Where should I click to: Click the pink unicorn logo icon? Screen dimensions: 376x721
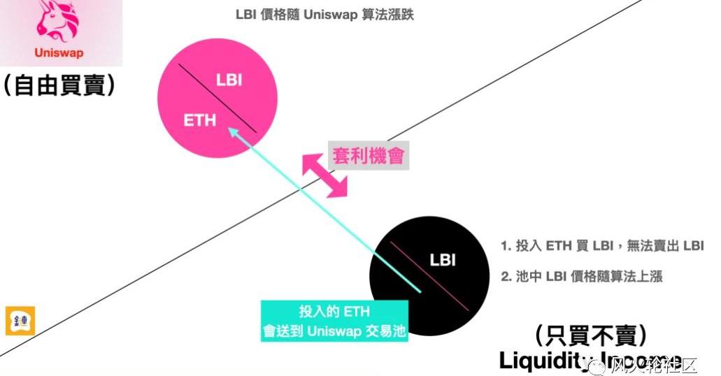click(59, 21)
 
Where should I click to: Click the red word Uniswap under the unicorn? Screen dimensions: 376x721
click(59, 52)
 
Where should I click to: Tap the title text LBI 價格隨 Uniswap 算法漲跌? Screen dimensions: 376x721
click(324, 14)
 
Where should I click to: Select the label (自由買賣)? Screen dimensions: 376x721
click(59, 85)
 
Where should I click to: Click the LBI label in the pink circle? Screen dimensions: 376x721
click(229, 80)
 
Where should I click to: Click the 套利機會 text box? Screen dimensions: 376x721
click(368, 154)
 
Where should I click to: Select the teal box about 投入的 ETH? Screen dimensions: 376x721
click(334, 321)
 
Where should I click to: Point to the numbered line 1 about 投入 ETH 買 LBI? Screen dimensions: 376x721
click(602, 245)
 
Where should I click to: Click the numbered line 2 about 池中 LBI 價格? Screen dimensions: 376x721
click(582, 276)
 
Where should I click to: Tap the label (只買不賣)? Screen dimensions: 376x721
click(590, 335)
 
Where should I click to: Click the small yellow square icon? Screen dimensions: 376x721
click(19, 321)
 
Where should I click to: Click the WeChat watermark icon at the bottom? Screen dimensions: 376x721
click(600, 364)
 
